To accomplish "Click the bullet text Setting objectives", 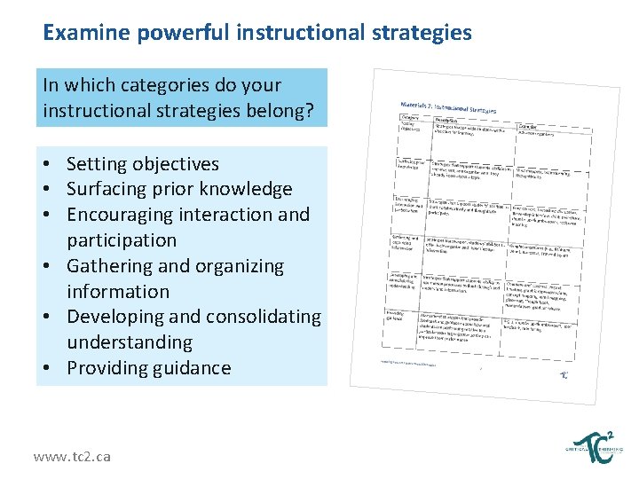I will pyautogui.click(x=142, y=164).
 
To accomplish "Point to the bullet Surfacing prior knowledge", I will pyautogui.click(x=179, y=189).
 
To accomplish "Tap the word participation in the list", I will pyautogui.click(x=122, y=240).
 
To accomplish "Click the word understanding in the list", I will pyautogui.click(x=130, y=342).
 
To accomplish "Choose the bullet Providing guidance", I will pyautogui.click(x=148, y=368).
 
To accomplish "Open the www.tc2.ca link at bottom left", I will pyautogui.click(x=72, y=456).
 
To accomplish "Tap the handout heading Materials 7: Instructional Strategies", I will pyautogui.click(x=449, y=109).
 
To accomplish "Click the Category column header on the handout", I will pyautogui.click(x=410, y=116).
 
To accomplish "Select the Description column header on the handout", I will pyautogui.click(x=447, y=120).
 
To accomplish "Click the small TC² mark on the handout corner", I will pyautogui.click(x=565, y=375).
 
